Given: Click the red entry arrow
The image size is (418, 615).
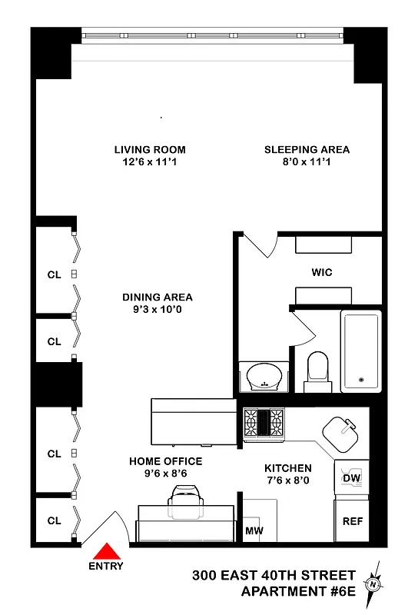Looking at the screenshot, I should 106,553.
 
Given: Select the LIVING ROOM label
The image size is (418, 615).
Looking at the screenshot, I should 150,150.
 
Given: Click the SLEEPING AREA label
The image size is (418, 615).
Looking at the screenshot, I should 307,150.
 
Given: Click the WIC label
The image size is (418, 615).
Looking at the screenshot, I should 321,272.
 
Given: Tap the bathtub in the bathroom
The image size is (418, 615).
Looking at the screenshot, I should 360,351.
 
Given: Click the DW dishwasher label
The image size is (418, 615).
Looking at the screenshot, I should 350,478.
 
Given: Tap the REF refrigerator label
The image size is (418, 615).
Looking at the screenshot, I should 352,521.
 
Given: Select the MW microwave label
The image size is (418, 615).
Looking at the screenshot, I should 254,531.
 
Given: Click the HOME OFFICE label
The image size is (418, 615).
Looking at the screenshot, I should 165,461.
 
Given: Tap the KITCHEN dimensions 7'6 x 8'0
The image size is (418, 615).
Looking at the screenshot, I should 288,480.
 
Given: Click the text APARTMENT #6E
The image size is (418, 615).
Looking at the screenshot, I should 298,591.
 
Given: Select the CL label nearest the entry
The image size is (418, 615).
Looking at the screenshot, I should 54,520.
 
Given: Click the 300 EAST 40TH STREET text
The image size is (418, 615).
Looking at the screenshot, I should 274,575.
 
